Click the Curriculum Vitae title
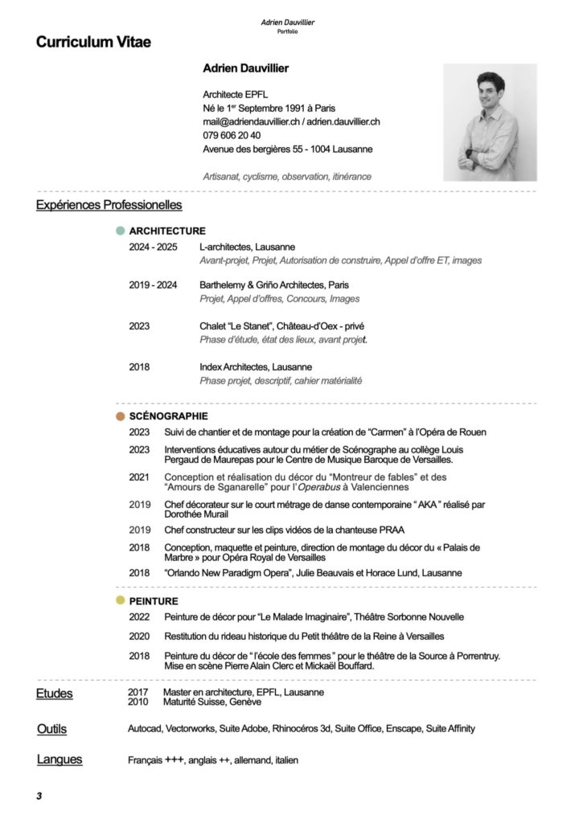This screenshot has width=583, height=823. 93,42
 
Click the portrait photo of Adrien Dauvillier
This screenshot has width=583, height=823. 490,122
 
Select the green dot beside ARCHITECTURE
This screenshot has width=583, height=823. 121,231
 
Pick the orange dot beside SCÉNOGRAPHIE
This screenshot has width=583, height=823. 121,416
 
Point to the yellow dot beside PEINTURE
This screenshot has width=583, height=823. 121,600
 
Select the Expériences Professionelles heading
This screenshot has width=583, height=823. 109,206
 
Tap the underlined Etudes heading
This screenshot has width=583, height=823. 54,694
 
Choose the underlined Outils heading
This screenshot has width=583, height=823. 51,729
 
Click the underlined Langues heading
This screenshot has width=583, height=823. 60,760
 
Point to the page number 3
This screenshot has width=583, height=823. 38,796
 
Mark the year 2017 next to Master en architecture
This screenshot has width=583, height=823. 138,692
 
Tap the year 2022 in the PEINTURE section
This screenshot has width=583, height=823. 139,616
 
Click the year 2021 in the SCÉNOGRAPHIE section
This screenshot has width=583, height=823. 139,477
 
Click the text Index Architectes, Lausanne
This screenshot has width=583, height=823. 256,367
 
